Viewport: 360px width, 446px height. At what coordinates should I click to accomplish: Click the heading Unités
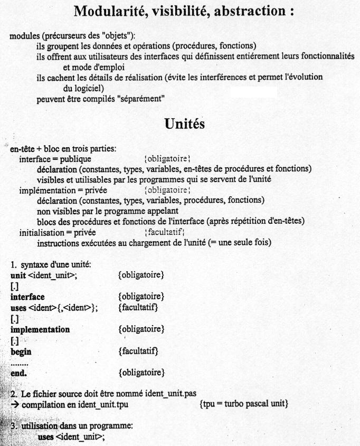[x=179, y=124]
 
